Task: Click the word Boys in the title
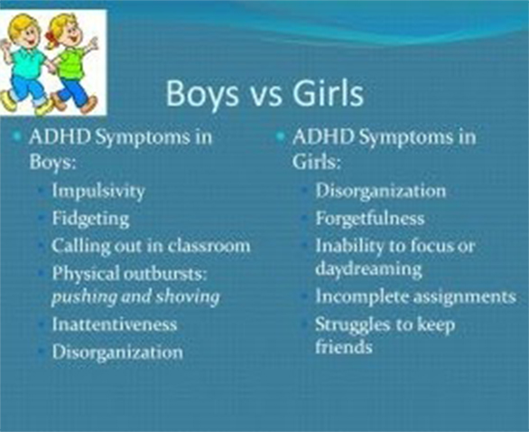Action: pyautogui.click(x=201, y=94)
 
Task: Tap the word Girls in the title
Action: pyautogui.click(x=328, y=92)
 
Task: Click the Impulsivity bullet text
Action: pyautogui.click(x=98, y=192)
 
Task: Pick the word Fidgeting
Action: pyautogui.click(x=91, y=219)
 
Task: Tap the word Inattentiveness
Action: pyautogui.click(x=115, y=324)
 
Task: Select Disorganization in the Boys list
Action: pyautogui.click(x=117, y=352)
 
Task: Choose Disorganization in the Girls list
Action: pyautogui.click(x=381, y=191)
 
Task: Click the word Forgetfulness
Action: pyautogui.click(x=370, y=218)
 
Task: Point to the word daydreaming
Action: pyautogui.click(x=368, y=269)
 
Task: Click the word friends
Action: pyautogui.click(x=344, y=346)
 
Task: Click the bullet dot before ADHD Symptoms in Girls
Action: pyautogui.click(x=280, y=136)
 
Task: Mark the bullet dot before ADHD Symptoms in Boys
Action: pyautogui.click(x=16, y=136)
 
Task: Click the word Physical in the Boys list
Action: pyautogui.click(x=86, y=274)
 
